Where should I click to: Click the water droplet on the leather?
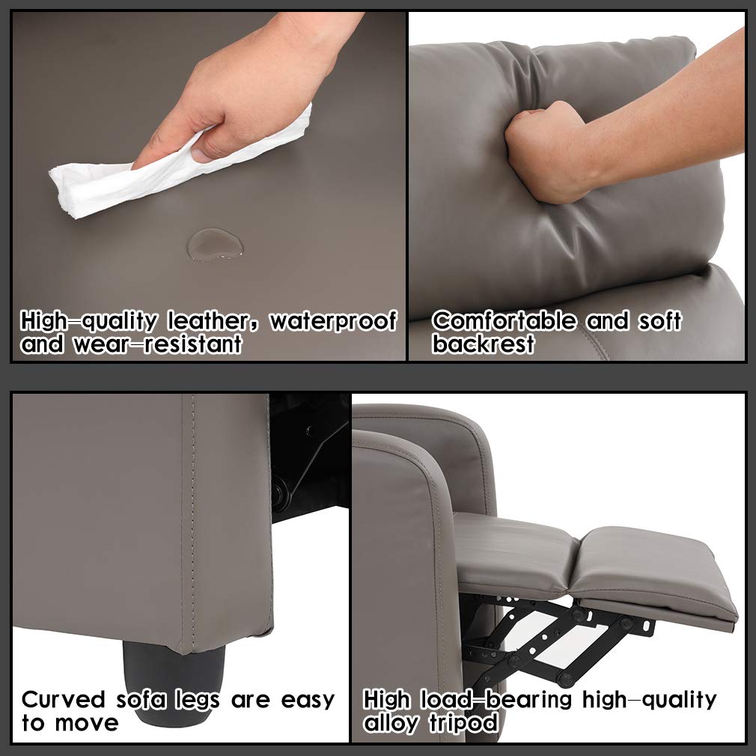pos(215,244)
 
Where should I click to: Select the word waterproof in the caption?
pos(333,322)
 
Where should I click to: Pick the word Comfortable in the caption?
pos(504,322)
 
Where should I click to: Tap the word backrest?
pos(484,344)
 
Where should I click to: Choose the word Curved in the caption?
pos(64,700)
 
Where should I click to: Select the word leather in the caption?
pos(215,322)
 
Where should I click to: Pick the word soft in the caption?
pos(659,322)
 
